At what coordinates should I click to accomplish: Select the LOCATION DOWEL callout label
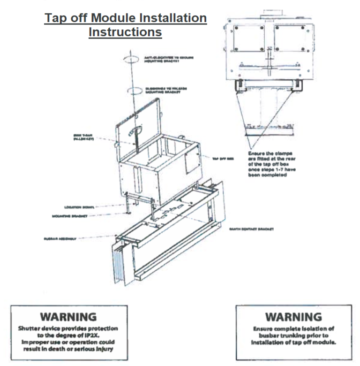pyautogui.click(x=80, y=206)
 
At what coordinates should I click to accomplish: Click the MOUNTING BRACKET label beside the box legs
pyautogui.click(x=80, y=217)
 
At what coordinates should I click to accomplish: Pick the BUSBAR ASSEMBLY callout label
pyautogui.click(x=58, y=238)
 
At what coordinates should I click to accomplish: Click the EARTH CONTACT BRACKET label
pyautogui.click(x=251, y=229)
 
